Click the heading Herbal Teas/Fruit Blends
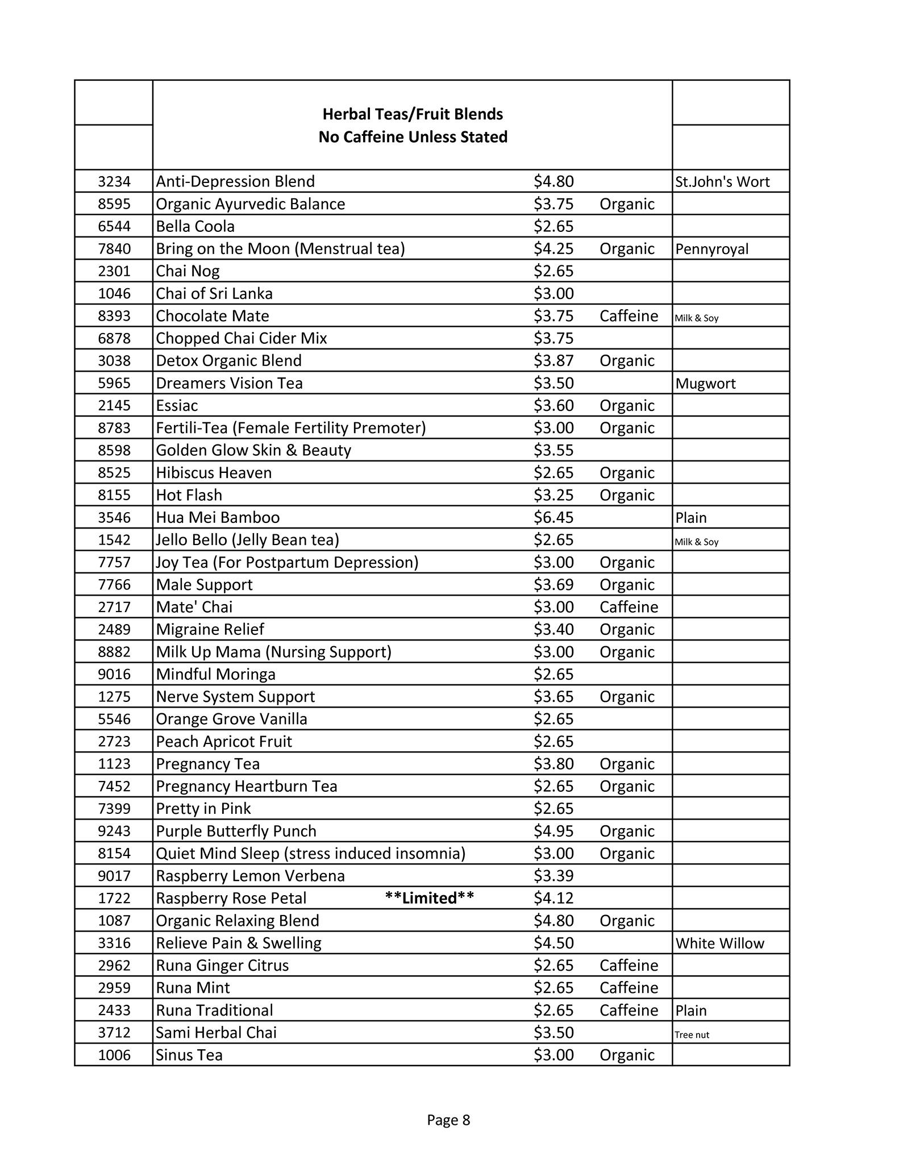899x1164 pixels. click(413, 114)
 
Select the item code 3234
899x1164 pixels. click(114, 181)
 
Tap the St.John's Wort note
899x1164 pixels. click(722, 182)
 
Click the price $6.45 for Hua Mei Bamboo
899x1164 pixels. click(553, 517)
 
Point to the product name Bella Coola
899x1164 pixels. click(195, 226)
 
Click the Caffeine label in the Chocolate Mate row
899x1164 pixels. click(629, 316)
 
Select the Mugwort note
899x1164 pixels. click(705, 384)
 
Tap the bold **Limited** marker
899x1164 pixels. click(429, 898)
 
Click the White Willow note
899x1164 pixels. click(719, 943)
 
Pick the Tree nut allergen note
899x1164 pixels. click(692, 1034)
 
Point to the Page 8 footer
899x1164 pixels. click(448, 1120)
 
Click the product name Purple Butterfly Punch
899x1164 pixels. click(236, 831)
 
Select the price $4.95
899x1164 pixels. click(553, 831)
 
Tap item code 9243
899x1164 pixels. click(114, 831)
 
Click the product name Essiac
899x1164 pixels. click(177, 405)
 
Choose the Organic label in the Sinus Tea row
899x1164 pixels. click(627, 1055)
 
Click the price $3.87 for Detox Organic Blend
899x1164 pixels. click(553, 361)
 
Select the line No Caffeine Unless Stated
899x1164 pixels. click(413, 137)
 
